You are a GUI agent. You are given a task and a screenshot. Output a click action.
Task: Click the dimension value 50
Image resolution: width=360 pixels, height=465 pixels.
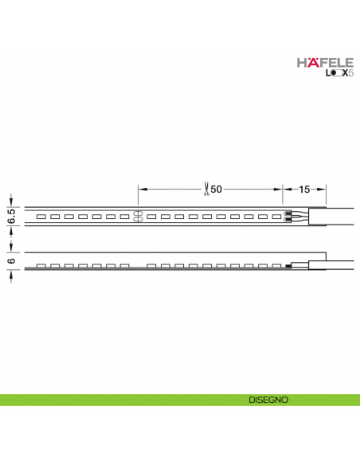click(x=216, y=189)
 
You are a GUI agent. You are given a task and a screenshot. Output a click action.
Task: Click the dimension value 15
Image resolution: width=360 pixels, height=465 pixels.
click(x=305, y=189)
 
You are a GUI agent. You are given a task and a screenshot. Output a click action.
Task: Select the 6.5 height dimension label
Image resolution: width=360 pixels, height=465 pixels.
click(x=10, y=214)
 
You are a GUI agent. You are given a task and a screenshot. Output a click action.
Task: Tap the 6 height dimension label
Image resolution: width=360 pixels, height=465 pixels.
click(x=10, y=260)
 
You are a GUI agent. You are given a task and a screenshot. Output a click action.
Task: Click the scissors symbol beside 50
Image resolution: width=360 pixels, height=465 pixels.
click(x=205, y=189)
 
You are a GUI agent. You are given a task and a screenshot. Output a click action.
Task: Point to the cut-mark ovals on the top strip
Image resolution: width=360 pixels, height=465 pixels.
click(x=137, y=215)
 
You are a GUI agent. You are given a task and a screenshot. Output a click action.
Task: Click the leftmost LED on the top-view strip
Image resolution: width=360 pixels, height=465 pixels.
click(x=39, y=216)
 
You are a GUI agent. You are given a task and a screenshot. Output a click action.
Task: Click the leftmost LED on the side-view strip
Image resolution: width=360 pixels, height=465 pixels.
click(x=39, y=266)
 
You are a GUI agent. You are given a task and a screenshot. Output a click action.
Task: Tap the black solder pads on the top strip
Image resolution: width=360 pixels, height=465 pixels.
click(x=288, y=215)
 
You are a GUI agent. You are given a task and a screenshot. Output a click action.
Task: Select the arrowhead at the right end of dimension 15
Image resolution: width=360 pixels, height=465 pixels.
click(x=324, y=189)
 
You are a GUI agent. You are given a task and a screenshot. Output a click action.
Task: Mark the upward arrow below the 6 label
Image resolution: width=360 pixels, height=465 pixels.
click(x=10, y=275)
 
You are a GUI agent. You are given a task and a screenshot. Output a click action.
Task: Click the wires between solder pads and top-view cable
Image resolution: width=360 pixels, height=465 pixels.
click(x=300, y=215)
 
